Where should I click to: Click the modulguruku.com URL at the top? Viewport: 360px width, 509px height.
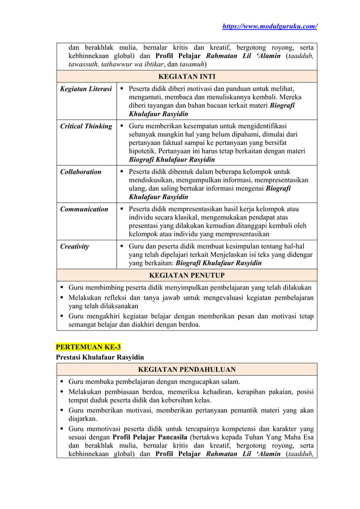(x=269, y=26)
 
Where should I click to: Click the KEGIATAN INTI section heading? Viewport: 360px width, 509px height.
(x=186, y=76)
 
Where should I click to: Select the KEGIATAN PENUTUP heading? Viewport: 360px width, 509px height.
(x=186, y=275)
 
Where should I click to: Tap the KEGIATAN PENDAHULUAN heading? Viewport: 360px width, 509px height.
(x=186, y=370)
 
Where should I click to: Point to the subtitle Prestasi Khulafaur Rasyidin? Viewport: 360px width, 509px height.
(x=99, y=357)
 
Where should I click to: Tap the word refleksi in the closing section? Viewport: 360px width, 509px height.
(x=122, y=297)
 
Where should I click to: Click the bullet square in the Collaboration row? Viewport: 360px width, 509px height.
(x=122, y=172)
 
